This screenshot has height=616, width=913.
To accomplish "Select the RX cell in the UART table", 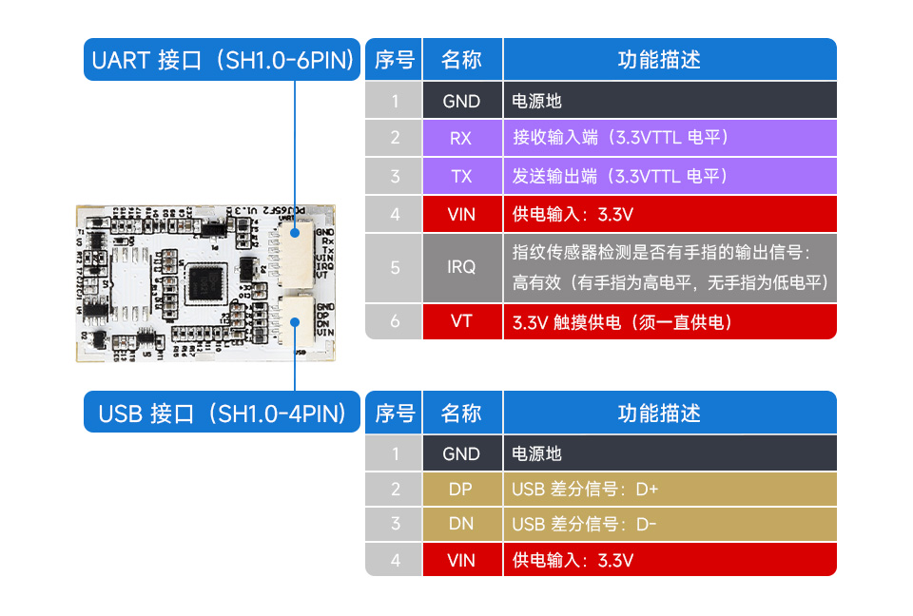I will [x=461, y=138].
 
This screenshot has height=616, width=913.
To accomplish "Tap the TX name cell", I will [x=461, y=176].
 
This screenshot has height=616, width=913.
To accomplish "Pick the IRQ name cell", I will [x=461, y=267].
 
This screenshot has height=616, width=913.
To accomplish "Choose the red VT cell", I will [x=461, y=321].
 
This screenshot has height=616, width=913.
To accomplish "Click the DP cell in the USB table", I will [x=461, y=490].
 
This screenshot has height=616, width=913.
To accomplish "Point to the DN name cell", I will [x=461, y=524].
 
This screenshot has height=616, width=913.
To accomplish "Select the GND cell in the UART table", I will [x=461, y=100].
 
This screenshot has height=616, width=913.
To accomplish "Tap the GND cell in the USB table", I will [x=461, y=453].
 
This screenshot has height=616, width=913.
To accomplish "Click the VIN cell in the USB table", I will [x=461, y=560].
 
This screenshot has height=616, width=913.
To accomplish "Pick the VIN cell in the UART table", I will [x=461, y=214].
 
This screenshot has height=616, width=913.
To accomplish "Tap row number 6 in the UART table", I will [x=395, y=321].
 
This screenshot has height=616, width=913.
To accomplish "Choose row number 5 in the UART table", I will [x=395, y=267].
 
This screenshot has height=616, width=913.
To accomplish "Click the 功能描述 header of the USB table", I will [x=670, y=414].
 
